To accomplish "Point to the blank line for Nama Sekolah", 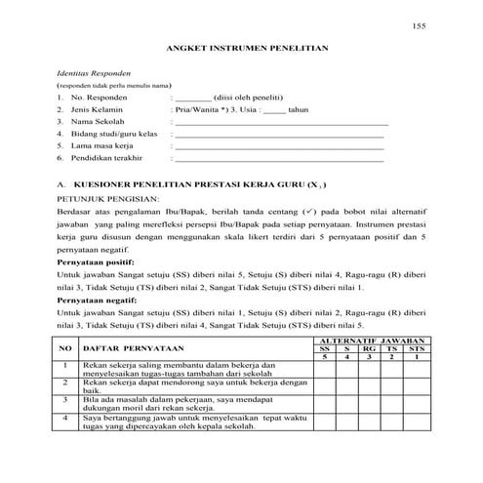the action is click(x=280, y=124).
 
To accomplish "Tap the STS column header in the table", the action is click(x=416, y=347).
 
